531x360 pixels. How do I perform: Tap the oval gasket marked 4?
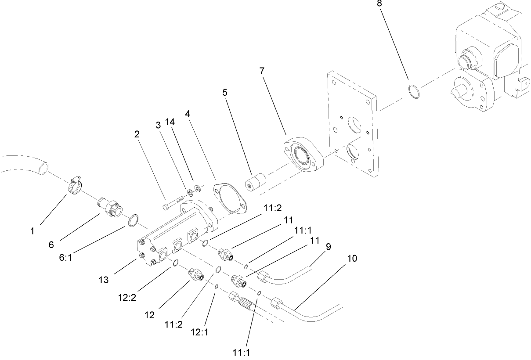point(229,196)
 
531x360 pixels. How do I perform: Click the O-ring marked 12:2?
point(174,263)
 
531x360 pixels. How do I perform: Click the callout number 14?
point(170,121)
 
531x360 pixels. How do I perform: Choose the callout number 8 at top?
point(379,3)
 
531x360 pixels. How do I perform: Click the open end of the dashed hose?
point(42,167)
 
